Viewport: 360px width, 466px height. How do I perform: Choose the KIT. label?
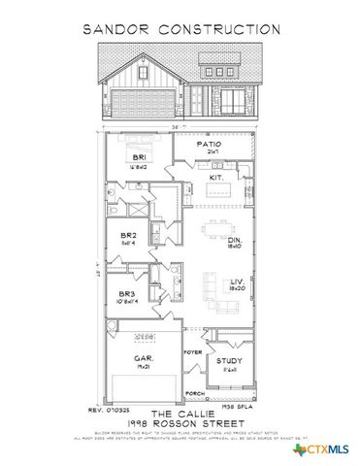click(216, 178)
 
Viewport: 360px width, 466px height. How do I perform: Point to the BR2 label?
click(126, 235)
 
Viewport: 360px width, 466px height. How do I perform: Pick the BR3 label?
click(125, 294)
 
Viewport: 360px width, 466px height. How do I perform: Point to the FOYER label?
click(193, 353)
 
